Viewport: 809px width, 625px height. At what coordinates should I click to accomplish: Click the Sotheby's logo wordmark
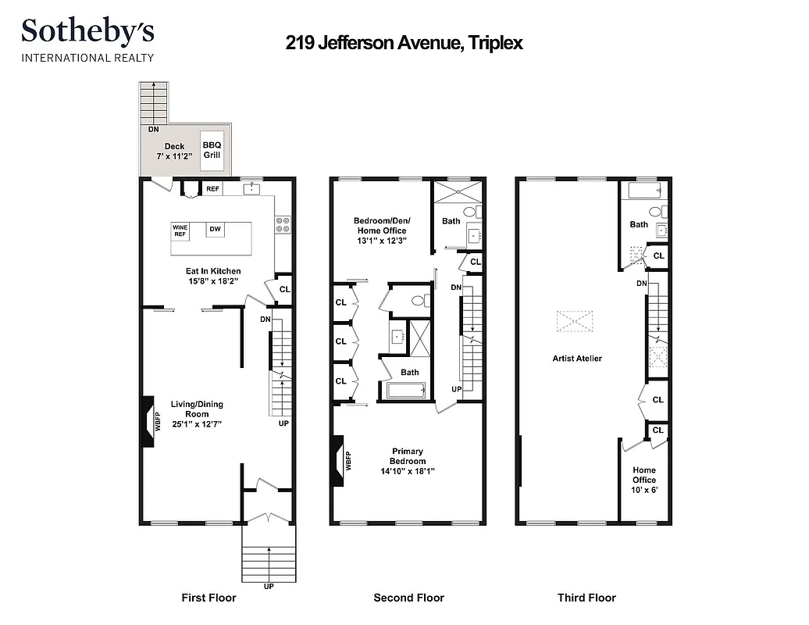tap(87, 33)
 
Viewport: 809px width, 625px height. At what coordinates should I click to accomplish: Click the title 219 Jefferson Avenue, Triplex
tap(404, 43)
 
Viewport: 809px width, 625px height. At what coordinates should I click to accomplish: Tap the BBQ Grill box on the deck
tap(212, 149)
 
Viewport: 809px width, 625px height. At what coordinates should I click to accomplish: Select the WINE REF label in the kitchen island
tap(180, 230)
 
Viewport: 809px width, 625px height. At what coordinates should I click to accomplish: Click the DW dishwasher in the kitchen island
tap(215, 230)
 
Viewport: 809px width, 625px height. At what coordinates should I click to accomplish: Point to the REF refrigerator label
tap(212, 188)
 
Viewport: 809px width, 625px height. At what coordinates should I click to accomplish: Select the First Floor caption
tap(208, 598)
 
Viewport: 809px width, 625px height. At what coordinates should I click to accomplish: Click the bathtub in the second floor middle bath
tap(406, 390)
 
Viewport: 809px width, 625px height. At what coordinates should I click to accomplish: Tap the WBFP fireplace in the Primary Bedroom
tap(339, 462)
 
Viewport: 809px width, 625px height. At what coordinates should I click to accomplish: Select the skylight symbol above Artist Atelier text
tap(575, 321)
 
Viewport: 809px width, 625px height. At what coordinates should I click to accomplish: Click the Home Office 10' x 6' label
tap(644, 480)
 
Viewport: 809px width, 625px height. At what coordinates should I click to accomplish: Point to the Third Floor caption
tap(586, 598)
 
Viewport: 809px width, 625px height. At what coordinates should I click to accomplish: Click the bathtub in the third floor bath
tap(645, 190)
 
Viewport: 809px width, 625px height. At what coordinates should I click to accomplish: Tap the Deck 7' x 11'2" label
tap(174, 151)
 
